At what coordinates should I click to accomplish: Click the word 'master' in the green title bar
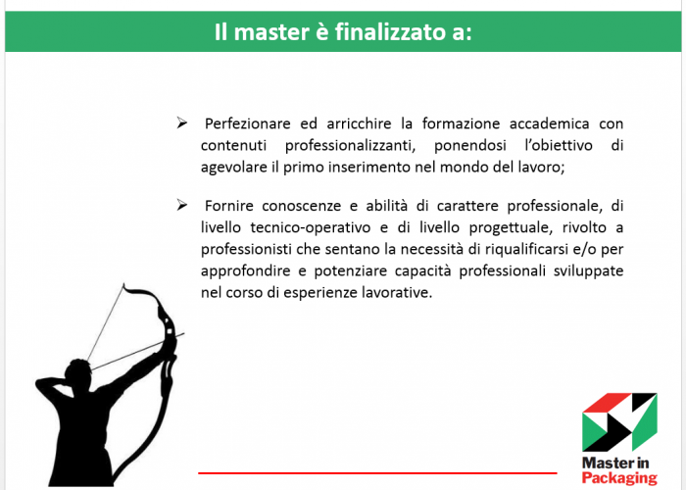tap(271, 32)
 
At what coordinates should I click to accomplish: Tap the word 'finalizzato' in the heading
tap(383, 32)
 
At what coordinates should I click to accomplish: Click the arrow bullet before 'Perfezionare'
tap(181, 122)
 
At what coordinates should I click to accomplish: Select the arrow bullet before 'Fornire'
tap(181, 205)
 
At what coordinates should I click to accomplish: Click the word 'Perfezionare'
tap(248, 123)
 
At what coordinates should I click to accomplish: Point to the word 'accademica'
tap(549, 123)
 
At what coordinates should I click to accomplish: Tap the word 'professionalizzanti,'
tap(350, 146)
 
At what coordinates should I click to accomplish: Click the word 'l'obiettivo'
tap(559, 145)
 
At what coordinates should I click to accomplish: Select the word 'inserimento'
tap(368, 168)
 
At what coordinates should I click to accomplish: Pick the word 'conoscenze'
tap(302, 206)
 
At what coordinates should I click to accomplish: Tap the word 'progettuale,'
tap(511, 228)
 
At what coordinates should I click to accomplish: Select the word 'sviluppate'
tap(588, 271)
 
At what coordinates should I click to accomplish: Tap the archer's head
tap(77, 372)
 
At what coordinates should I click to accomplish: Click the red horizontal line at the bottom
tap(377, 473)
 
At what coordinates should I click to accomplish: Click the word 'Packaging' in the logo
tap(619, 478)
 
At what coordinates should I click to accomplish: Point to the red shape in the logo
tap(607, 402)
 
